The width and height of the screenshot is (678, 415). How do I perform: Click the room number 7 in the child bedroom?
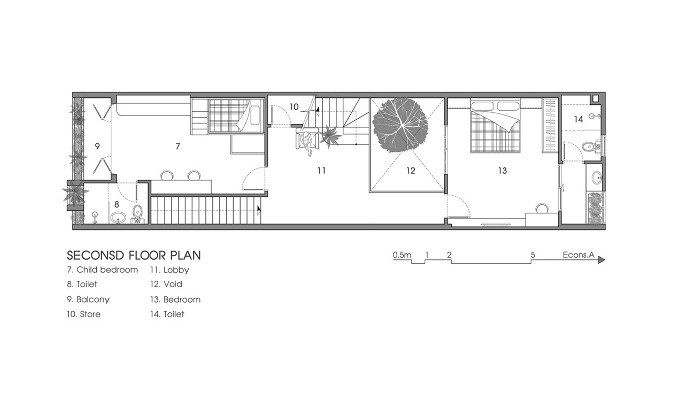(x=178, y=146)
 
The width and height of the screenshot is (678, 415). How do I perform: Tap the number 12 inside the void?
(x=411, y=171)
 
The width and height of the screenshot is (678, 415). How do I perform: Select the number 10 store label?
(x=294, y=106)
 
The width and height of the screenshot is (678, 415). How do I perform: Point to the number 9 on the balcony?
(x=97, y=146)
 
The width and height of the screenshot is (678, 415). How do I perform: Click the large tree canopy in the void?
(x=400, y=125)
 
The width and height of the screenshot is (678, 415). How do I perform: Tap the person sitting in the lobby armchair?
(x=308, y=143)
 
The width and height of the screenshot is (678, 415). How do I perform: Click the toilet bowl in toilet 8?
(x=138, y=213)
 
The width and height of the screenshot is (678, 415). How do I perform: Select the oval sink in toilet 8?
(x=118, y=217)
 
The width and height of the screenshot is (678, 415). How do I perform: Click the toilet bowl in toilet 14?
(x=590, y=148)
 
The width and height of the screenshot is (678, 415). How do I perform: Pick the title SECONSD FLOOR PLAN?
(x=134, y=256)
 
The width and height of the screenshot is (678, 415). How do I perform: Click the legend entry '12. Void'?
(x=166, y=284)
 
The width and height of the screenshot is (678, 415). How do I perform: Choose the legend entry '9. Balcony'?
(x=88, y=299)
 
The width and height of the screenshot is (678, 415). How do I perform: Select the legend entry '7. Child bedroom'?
(x=102, y=270)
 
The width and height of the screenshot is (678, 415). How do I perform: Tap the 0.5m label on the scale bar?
(x=402, y=255)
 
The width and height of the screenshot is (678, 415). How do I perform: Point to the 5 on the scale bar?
(x=533, y=255)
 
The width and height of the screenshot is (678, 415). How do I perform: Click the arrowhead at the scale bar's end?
(x=602, y=260)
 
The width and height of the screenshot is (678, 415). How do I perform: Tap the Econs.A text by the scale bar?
(x=579, y=255)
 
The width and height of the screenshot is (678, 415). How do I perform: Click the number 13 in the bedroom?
(x=503, y=171)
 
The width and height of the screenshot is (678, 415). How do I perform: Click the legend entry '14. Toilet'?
(x=167, y=314)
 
